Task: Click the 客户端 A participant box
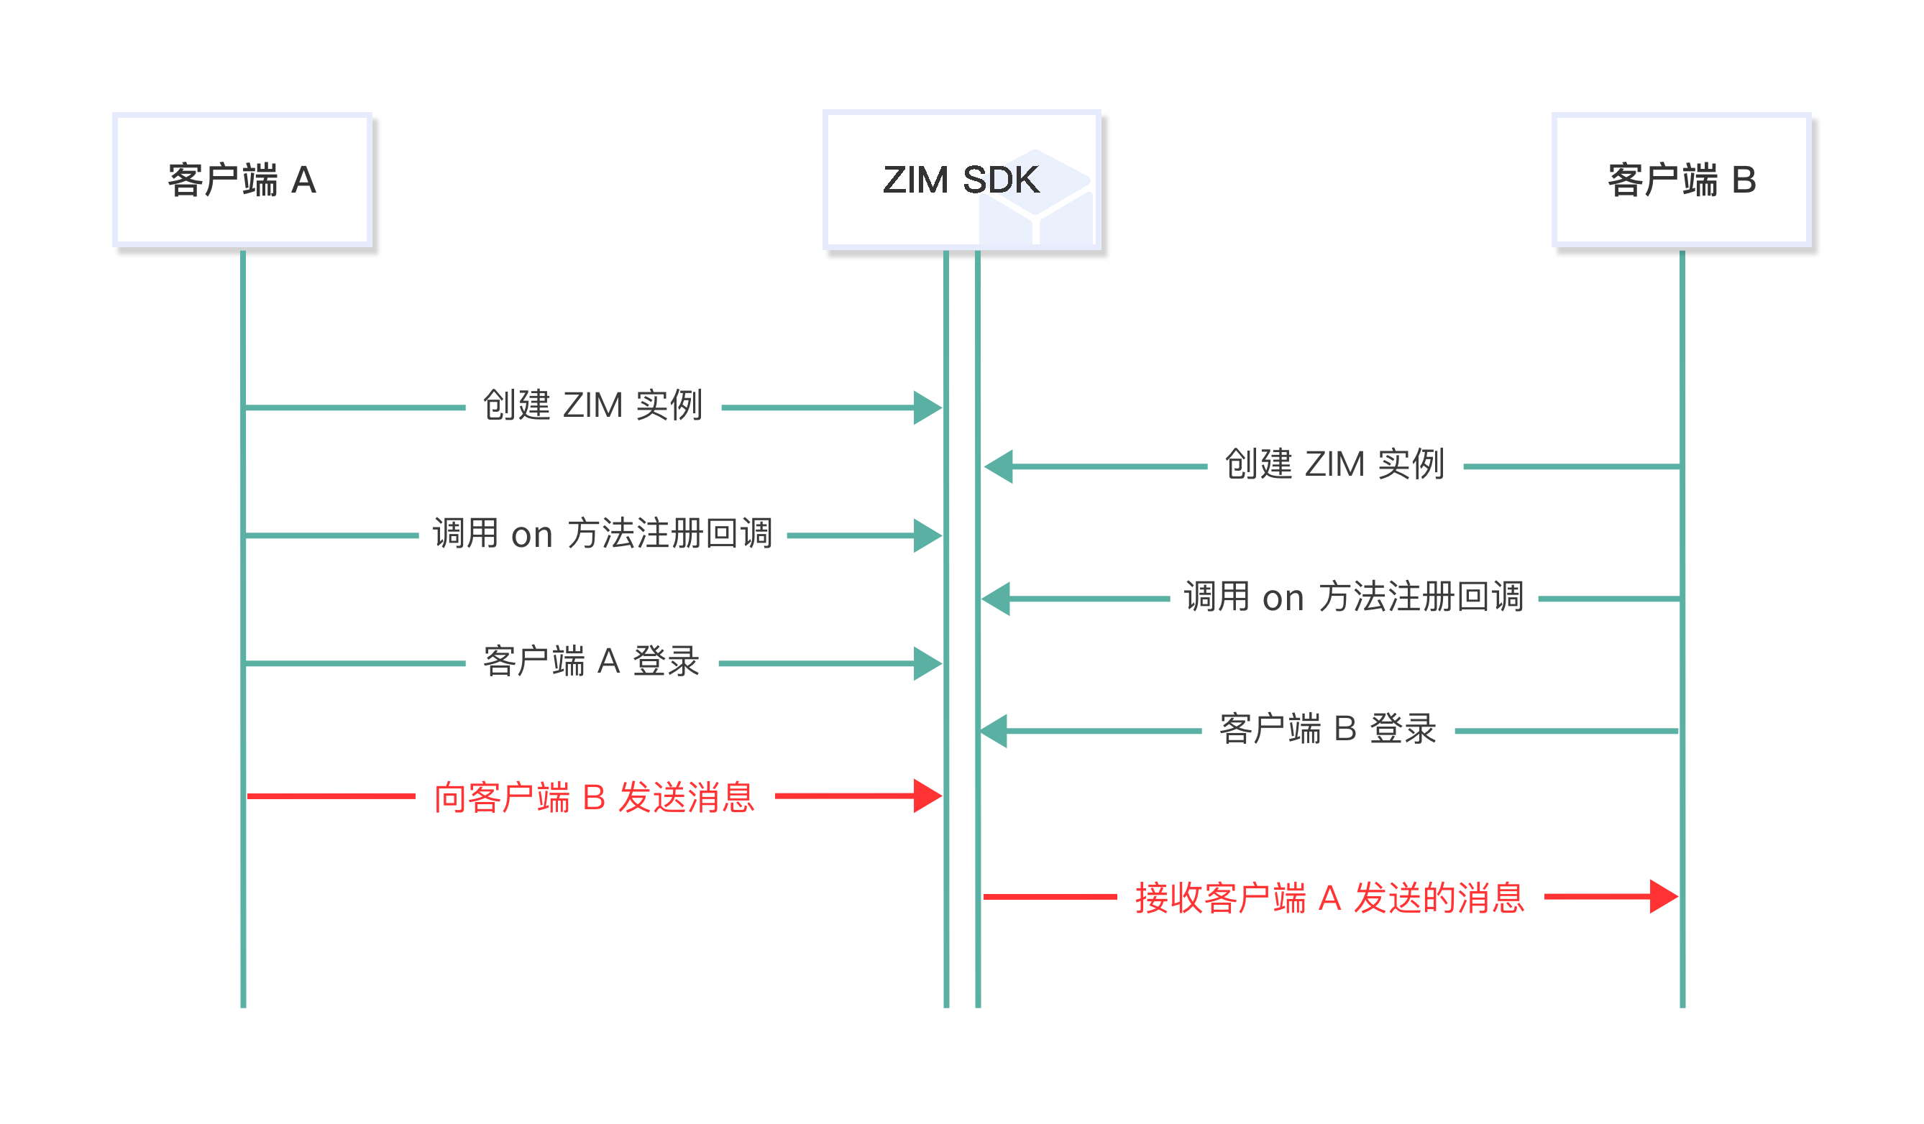click(242, 180)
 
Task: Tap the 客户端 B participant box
click(1681, 180)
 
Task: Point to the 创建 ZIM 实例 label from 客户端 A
click(592, 405)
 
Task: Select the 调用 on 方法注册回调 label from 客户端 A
click(603, 533)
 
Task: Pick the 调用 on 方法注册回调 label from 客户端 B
click(1354, 596)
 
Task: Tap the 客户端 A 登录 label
click(592, 661)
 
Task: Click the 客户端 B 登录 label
click(1328, 729)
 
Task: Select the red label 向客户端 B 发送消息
click(594, 798)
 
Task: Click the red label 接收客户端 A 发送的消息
click(1329, 898)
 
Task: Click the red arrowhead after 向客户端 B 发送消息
click(927, 796)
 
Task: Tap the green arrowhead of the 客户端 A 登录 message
click(927, 664)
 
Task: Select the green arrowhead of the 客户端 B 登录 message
click(995, 731)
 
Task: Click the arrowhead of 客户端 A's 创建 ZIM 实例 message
click(927, 407)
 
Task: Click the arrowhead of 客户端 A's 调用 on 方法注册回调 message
click(927, 535)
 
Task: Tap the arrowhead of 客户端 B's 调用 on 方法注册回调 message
click(997, 599)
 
